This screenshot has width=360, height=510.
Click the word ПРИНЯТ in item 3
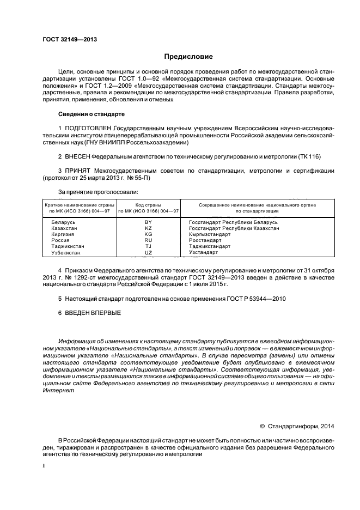[79, 171]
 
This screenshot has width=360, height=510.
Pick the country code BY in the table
[148, 222]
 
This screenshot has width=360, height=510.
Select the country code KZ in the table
[148, 228]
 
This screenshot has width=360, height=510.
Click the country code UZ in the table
[148, 252]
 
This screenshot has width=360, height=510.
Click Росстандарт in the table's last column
[205, 240]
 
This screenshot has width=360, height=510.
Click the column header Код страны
[148, 204]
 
